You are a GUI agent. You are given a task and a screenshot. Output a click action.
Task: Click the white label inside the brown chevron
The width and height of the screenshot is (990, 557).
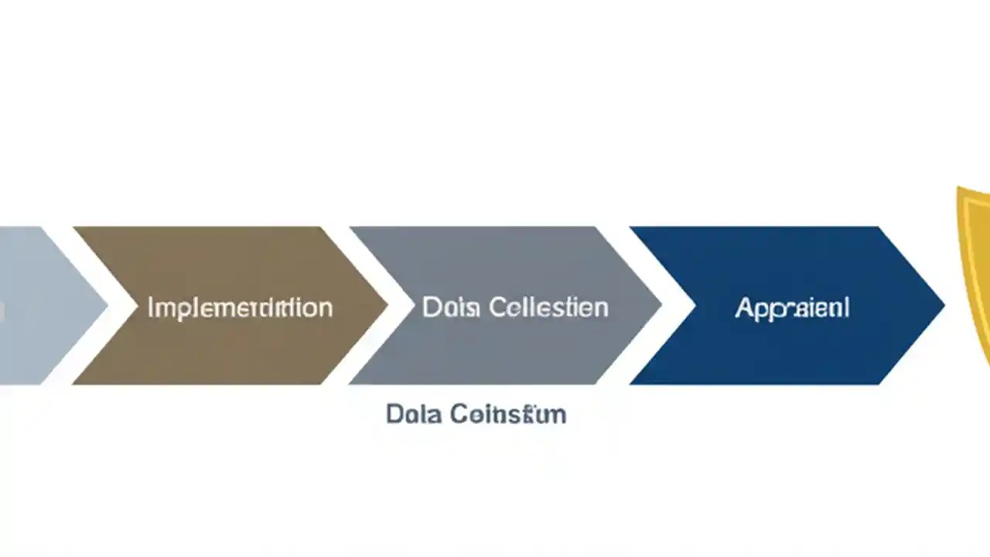[x=240, y=308]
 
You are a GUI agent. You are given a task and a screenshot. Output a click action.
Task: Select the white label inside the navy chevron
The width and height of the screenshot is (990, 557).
[x=792, y=308]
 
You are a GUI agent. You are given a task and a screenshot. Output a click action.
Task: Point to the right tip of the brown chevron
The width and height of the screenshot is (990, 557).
[x=386, y=306]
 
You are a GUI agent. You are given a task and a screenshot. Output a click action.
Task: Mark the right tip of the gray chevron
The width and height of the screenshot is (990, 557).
[x=661, y=306]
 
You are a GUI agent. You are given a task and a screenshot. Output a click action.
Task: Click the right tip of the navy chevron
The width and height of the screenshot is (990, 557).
[x=943, y=306]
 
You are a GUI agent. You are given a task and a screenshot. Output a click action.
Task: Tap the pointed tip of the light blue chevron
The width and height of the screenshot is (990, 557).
[x=106, y=306]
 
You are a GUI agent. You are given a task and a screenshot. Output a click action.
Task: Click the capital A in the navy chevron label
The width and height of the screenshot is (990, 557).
[x=743, y=308]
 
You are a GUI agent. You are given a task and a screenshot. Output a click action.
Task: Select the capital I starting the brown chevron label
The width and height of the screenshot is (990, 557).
[x=150, y=307]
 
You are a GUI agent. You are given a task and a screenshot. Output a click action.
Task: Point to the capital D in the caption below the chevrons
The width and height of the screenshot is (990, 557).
[x=393, y=414]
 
